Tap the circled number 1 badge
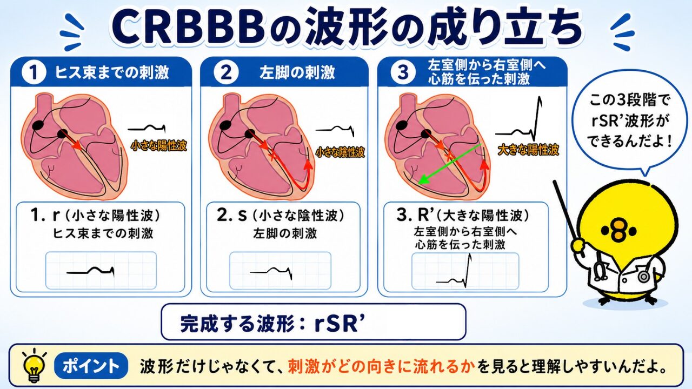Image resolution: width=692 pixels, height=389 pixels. coord(34,73)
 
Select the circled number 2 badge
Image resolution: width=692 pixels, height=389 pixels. coord(226,73)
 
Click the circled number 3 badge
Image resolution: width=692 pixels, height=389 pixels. coord(403,73)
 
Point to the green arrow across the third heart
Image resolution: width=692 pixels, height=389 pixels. coord(450,164)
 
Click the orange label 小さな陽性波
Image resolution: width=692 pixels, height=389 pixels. coord(159,146)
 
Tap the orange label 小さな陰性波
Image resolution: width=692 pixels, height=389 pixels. coord(340,152)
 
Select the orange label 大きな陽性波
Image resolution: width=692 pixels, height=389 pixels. coord(528,150)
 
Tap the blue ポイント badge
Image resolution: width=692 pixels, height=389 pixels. coord(91,366)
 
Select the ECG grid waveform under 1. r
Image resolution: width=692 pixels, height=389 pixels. coord(90,271)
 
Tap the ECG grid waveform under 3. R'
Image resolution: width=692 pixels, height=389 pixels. coord(454,270)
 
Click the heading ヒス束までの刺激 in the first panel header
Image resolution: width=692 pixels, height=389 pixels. coord(112,73)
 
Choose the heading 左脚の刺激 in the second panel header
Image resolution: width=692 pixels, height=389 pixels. coord(297,73)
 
